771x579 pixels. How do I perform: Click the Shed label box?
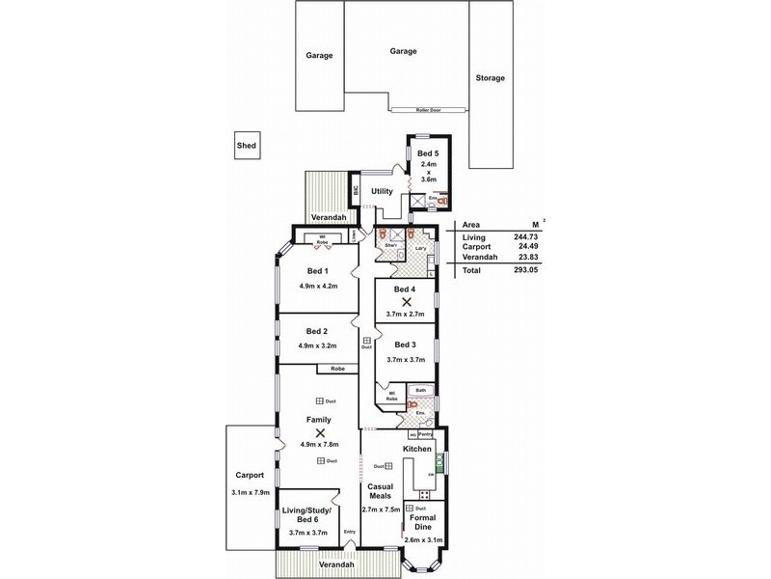click(247, 146)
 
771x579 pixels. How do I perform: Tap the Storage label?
click(490, 77)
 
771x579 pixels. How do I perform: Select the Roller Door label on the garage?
click(430, 110)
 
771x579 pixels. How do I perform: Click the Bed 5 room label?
click(427, 153)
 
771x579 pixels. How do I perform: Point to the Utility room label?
click(382, 191)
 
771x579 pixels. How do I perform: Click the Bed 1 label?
click(319, 271)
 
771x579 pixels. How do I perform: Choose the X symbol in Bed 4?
click(405, 302)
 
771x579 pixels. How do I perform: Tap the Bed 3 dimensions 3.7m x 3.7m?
click(405, 359)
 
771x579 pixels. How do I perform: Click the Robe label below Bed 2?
click(337, 369)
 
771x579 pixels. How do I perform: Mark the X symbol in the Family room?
click(319, 432)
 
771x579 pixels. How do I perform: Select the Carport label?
click(250, 476)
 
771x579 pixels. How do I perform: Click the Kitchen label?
click(416, 450)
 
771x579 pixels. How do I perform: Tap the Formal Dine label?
click(424, 522)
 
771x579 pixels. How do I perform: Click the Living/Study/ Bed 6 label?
click(309, 514)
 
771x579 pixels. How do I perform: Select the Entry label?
click(350, 531)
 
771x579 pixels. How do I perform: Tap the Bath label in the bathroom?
click(419, 391)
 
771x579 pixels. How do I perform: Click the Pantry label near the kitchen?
click(425, 435)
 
